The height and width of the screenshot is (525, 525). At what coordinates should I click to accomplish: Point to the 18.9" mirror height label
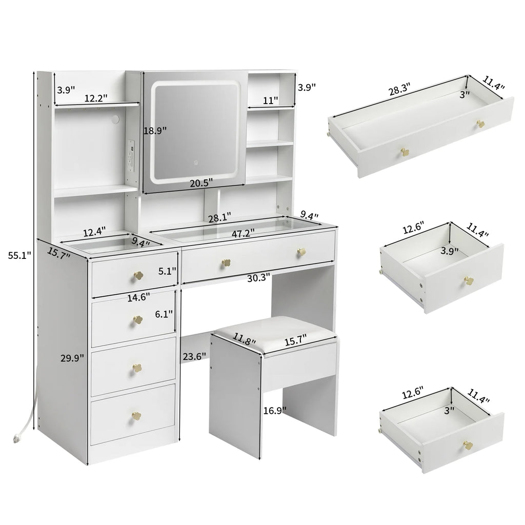click(155, 130)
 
